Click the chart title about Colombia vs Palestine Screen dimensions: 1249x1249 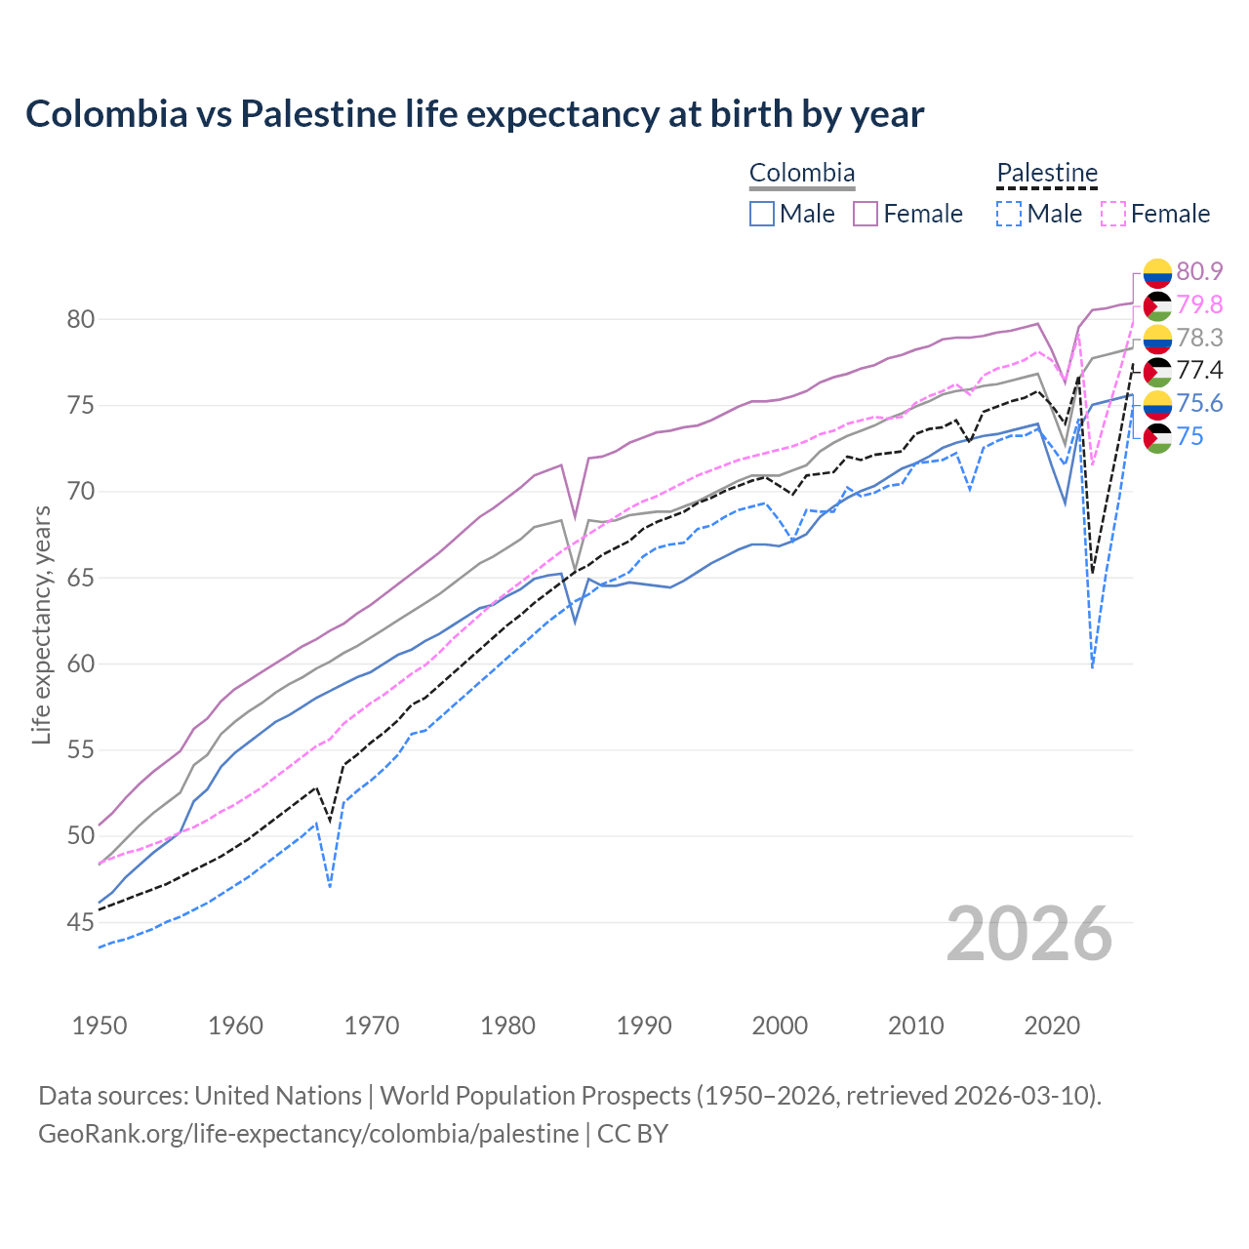click(474, 114)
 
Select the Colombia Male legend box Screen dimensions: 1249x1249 click(762, 214)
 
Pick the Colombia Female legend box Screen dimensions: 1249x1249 click(866, 214)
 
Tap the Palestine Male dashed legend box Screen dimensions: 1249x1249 click(1009, 214)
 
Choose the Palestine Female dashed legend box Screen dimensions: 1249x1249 click(1112, 214)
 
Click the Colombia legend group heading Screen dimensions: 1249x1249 click(802, 173)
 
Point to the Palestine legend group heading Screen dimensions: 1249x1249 click(1047, 173)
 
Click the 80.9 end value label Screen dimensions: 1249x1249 click(1199, 271)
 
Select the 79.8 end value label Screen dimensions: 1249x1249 click(1199, 304)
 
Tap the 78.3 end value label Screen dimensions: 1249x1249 click(1199, 338)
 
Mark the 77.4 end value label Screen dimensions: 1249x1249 click(1199, 370)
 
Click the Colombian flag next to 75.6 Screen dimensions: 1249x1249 click(1157, 404)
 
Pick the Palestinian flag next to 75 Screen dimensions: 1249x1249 click(1157, 437)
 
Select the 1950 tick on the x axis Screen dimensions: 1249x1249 click(100, 1026)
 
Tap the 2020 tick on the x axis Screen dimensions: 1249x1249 click(1051, 1026)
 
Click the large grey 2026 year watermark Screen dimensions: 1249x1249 click(1029, 934)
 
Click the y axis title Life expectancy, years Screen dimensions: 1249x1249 click(41, 624)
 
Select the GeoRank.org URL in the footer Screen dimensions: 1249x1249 click(308, 1134)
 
